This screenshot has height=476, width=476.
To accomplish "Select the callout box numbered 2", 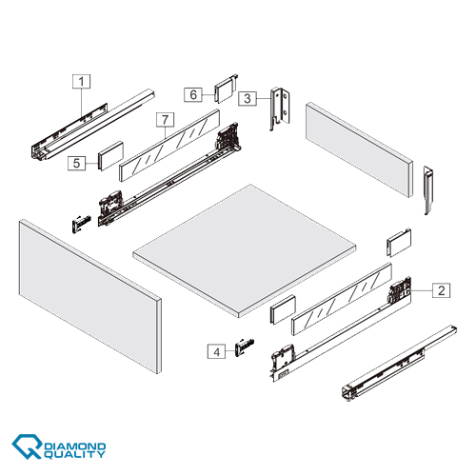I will click(x=440, y=290).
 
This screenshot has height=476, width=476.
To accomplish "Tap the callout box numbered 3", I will click(x=248, y=98).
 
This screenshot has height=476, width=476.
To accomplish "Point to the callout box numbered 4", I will click(x=218, y=351).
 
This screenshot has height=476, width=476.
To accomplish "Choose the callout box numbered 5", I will click(x=78, y=163).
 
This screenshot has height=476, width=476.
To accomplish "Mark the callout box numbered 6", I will click(x=192, y=94).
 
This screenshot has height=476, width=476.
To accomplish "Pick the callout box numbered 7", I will click(x=166, y=120).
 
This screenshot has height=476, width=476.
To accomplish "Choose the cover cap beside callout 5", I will click(x=108, y=156).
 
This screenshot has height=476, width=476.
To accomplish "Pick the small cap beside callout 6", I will click(x=225, y=89).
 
